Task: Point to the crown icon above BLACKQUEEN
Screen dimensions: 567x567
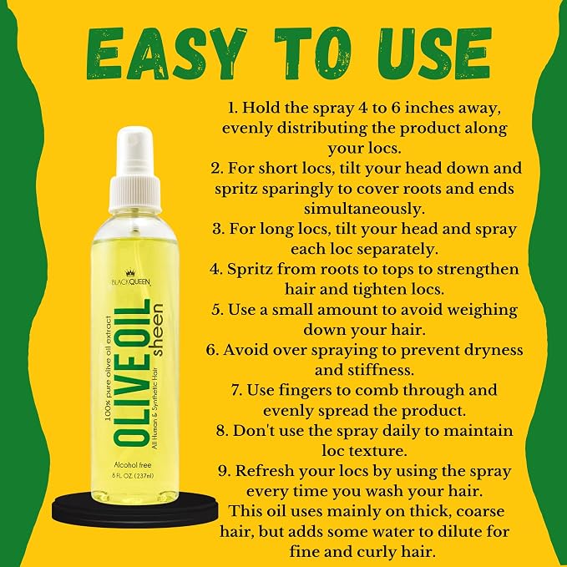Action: pos(129,274)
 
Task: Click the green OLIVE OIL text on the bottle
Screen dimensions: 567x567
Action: pos(132,372)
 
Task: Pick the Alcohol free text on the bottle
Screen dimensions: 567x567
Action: pos(132,465)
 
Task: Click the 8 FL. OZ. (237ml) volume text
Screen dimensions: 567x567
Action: pos(132,475)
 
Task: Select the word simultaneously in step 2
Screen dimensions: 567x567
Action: pos(364,210)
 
